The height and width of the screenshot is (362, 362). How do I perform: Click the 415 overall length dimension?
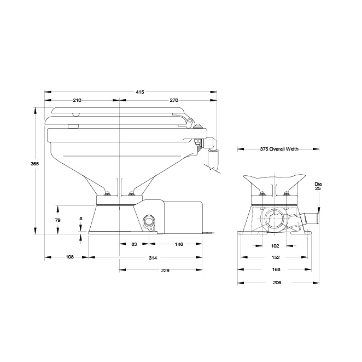[139, 92]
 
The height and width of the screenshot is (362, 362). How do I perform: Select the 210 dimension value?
[77, 100]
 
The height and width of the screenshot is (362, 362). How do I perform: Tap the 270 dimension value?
[174, 100]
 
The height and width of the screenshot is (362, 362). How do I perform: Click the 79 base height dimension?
[59, 220]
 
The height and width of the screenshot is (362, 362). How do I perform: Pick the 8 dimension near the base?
[81, 219]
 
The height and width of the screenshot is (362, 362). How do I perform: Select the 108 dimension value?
[69, 257]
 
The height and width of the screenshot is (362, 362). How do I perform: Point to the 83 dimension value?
[134, 244]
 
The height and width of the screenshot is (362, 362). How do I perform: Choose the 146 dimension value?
[179, 244]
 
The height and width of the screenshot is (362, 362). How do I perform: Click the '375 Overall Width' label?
[279, 148]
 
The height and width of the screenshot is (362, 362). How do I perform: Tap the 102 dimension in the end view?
[276, 246]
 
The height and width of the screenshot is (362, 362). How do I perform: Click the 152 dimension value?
[276, 257]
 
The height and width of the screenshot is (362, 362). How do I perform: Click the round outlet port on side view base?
[148, 222]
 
